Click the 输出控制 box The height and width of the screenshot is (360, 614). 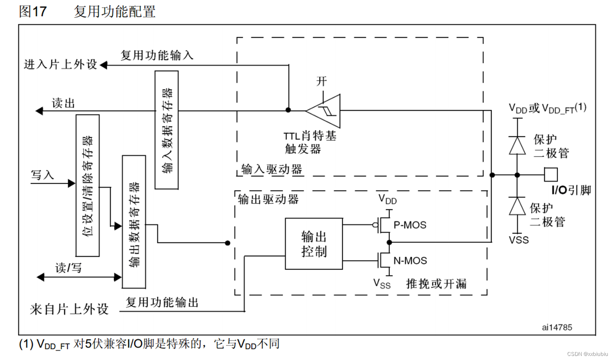pos(313,244)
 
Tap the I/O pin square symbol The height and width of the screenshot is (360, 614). pos(551,175)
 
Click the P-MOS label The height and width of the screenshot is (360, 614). pos(410,225)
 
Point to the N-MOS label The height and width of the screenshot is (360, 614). pos(410,261)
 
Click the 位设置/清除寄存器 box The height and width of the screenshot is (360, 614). pos(88,185)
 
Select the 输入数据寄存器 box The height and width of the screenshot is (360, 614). pos(166,130)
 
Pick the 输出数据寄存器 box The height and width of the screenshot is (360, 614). pos(134,222)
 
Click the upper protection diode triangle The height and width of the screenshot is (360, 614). pos(517,145)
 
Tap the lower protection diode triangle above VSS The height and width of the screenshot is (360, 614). pos(517,206)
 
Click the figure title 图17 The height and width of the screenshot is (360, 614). pos(32,11)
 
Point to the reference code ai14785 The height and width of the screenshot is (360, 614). pos(557,327)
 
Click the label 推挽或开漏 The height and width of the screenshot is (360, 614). pos(436,284)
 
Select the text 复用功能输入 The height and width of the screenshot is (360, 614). pos(157,55)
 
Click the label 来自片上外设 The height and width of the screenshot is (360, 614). pos(69,309)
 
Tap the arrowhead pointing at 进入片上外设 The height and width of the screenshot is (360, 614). pos(103,65)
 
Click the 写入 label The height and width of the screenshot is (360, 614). pos(42,175)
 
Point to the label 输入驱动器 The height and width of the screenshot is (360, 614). pos(271,169)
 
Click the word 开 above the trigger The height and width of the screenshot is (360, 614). pos(322,81)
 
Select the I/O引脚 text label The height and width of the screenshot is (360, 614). pos(571,190)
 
